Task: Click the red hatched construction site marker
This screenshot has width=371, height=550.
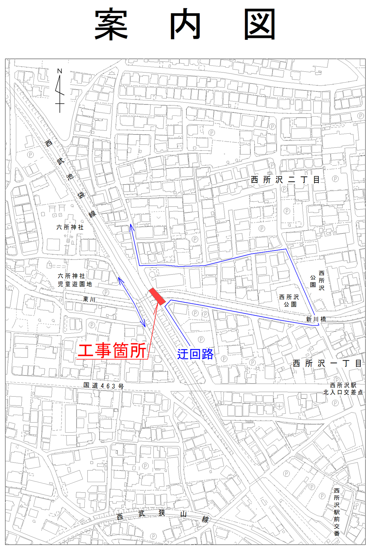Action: coord(157,296)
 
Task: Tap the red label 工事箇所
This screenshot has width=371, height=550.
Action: coord(112,350)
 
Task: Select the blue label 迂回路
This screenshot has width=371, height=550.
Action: coord(195,354)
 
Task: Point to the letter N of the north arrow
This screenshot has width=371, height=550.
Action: coord(60,71)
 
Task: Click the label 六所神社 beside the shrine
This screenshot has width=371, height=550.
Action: coord(70,227)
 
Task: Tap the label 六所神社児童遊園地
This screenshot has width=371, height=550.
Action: coord(75,280)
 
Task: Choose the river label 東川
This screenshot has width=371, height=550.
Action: coord(89,299)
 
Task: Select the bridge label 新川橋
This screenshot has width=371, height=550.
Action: coord(316,319)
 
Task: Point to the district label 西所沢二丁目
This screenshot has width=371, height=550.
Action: coord(285,180)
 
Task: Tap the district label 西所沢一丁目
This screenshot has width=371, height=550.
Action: coord(327,364)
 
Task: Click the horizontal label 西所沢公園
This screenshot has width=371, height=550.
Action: coord(289,301)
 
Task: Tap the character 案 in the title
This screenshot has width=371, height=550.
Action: coord(111,24)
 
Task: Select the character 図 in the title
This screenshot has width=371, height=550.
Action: coord(260,24)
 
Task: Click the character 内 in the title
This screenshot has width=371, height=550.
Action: coord(185,24)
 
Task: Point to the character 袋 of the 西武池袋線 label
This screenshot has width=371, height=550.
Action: coord(81,195)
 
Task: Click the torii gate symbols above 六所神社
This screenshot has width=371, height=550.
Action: coord(57,208)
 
